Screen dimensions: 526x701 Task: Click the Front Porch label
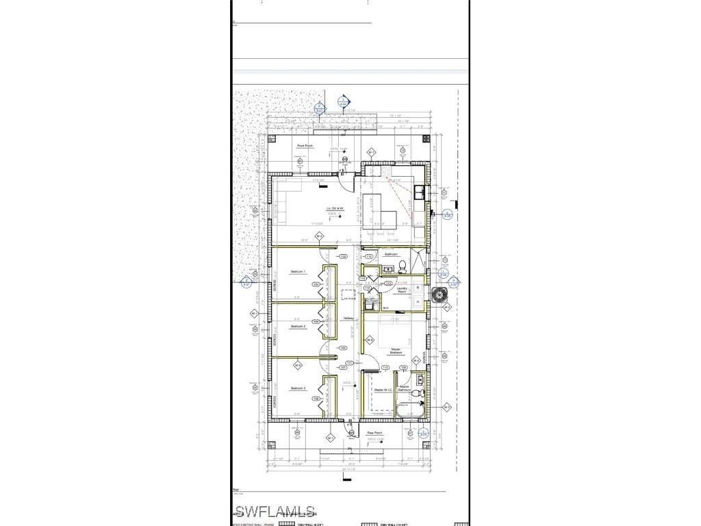tap(305, 146)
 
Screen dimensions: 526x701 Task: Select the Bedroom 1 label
tap(298, 272)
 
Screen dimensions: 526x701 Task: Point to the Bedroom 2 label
tap(298, 327)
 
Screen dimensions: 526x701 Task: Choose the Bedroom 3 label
tap(298, 388)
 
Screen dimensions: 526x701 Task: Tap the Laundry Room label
tap(403, 290)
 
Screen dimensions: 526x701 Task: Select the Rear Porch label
tap(374, 433)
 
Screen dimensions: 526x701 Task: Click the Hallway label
tap(348, 318)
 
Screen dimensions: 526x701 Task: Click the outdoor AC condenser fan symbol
tap(438, 295)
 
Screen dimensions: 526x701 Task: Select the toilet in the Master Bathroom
tap(413, 393)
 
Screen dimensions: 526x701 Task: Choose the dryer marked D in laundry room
tap(418, 299)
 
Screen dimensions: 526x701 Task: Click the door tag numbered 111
tap(349, 363)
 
